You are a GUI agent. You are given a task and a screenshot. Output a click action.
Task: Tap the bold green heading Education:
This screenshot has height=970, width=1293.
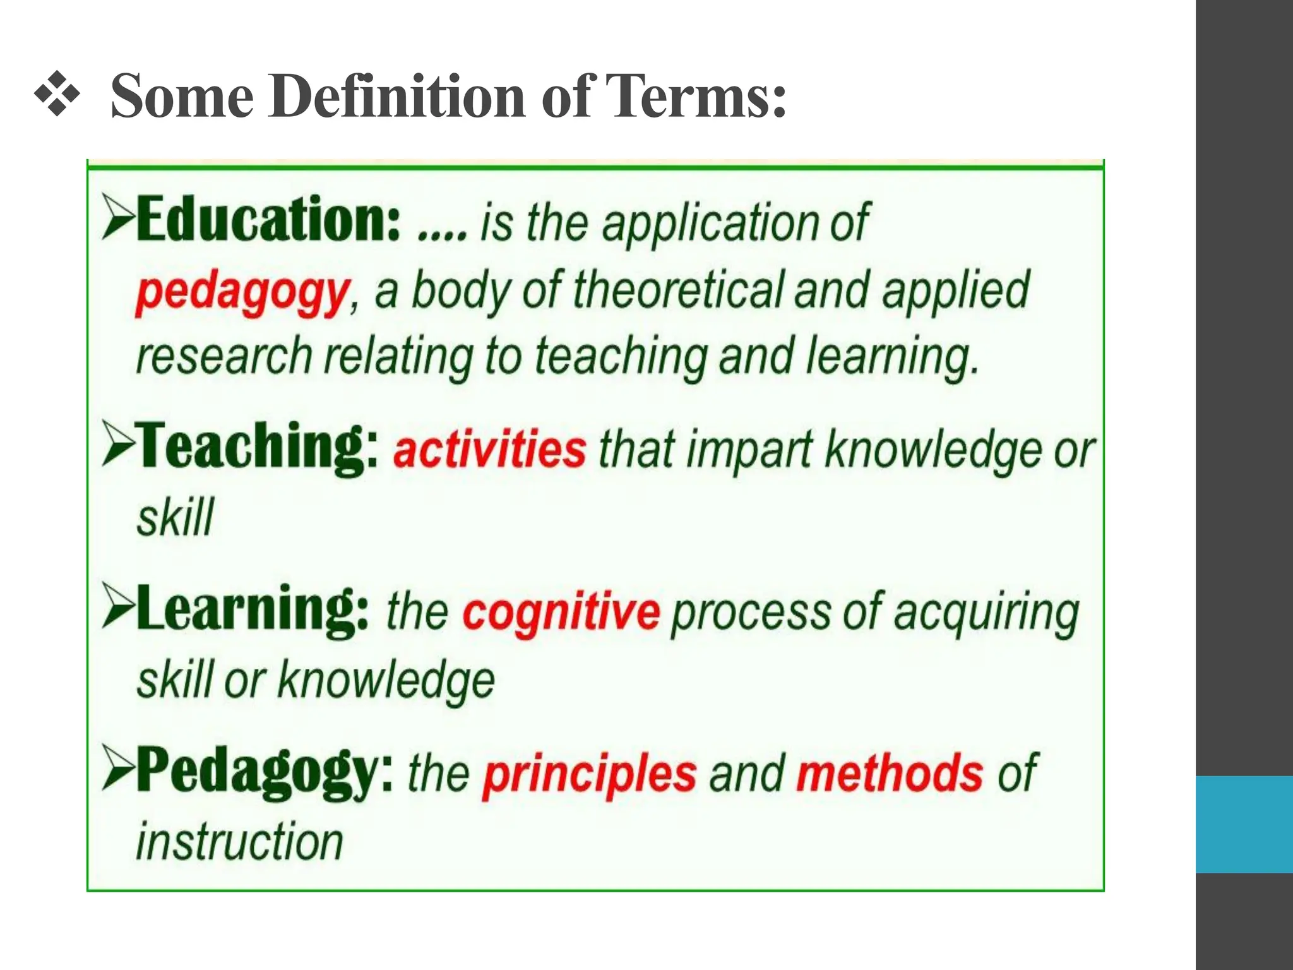(x=268, y=219)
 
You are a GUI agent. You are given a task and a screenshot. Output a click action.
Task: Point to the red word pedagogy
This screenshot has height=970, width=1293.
(x=242, y=292)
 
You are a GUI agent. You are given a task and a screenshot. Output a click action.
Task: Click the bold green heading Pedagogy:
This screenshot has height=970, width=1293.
(x=264, y=772)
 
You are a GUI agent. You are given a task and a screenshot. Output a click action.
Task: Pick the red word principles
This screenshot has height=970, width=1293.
(x=590, y=774)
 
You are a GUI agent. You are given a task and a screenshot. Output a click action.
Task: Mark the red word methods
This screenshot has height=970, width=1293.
(x=889, y=773)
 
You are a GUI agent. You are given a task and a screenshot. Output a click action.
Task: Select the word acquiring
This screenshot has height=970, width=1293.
(x=986, y=613)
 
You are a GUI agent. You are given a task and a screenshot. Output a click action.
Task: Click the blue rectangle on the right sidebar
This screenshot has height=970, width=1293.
(x=1244, y=824)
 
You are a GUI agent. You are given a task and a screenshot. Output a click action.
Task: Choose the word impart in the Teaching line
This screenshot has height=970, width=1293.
(x=749, y=450)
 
